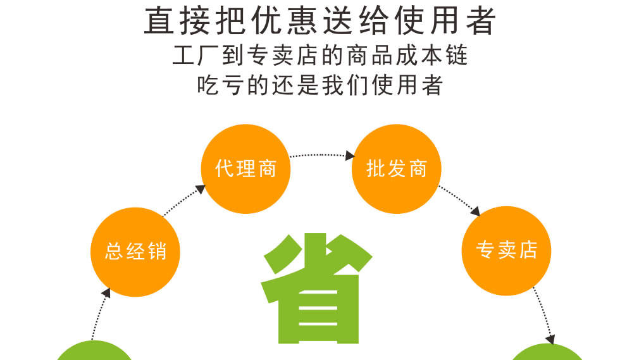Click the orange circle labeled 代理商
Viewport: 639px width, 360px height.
pyautogui.click(x=245, y=169)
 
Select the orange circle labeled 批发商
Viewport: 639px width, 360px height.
pyautogui.click(x=396, y=169)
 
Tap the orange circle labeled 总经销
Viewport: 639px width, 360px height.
pyautogui.click(x=135, y=252)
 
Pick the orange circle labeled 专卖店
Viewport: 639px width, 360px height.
pyautogui.click(x=506, y=251)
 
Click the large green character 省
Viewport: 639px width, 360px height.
pyautogui.click(x=317, y=288)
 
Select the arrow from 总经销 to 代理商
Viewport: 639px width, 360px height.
pyautogui.click(x=183, y=201)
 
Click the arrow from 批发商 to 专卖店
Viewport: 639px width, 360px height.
pyautogui.click(x=460, y=200)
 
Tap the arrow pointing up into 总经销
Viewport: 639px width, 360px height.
pyautogui.click(x=101, y=313)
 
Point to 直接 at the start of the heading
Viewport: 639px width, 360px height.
pyautogui.click(x=177, y=21)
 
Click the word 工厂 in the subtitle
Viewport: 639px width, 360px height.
pyautogui.click(x=195, y=56)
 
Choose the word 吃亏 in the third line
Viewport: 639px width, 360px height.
pyautogui.click(x=220, y=85)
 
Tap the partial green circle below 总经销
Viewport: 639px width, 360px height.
pyautogui.click(x=94, y=351)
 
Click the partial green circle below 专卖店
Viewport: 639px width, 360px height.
pyautogui.click(x=548, y=352)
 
